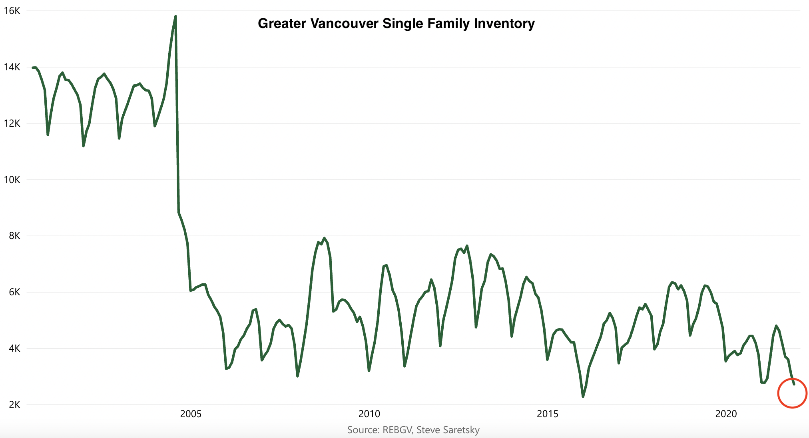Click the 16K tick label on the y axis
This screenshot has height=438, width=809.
[x=12, y=11]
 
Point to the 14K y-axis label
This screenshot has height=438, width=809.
[x=12, y=67]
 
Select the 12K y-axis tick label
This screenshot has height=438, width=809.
[x=12, y=123]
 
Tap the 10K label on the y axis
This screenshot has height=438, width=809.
[x=12, y=180]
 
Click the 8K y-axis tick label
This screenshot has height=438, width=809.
[x=14, y=236]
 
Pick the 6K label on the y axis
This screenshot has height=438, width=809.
[x=14, y=292]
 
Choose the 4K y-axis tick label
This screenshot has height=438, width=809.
[x=14, y=348]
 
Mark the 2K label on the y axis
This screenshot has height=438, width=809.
[x=14, y=405]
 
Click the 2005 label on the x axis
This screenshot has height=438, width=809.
[x=191, y=414]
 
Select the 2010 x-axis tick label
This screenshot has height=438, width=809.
[x=369, y=414]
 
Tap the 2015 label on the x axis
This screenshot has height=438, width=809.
[x=548, y=414]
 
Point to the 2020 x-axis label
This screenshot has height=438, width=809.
[x=726, y=414]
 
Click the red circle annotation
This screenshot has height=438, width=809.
[x=792, y=393]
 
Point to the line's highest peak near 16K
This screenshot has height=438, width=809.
[x=175, y=16]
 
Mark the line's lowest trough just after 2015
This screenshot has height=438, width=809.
[x=583, y=396]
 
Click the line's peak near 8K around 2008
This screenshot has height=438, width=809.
[x=325, y=238]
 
